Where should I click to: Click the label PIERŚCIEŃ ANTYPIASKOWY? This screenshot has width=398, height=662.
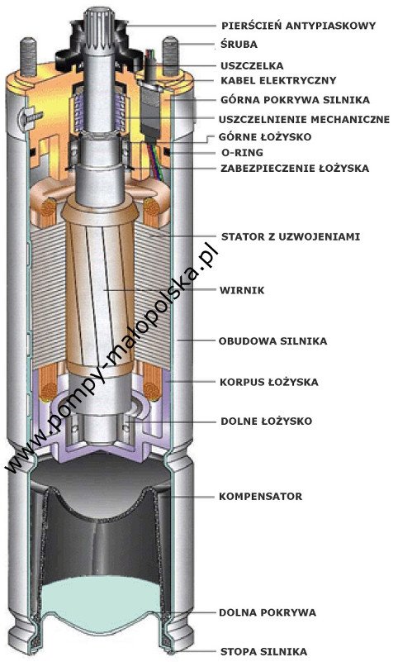tap(299, 26)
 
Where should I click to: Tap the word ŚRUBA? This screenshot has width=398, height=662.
tap(239, 45)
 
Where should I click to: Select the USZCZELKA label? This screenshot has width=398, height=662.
tap(252, 66)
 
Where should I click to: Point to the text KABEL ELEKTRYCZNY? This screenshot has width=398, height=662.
tap(278, 80)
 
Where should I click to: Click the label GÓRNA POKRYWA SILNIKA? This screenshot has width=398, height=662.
tap(295, 100)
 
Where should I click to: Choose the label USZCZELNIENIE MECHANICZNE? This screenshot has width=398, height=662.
tap(304, 120)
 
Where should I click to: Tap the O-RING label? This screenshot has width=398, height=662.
tap(242, 152)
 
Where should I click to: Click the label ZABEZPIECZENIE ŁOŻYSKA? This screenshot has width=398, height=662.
tap(295, 168)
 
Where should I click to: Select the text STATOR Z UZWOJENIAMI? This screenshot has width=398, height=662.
tap(291, 236)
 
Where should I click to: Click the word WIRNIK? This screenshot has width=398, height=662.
tap(242, 290)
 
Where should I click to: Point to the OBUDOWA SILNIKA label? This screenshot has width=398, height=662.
tap(272, 341)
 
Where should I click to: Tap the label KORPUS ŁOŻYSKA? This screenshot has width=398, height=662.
tap(269, 382)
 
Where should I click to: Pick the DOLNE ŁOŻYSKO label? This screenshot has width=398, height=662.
tap(266, 421)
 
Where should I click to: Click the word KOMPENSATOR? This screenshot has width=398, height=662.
tap(261, 496)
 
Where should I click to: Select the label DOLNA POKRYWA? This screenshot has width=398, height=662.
tap(268, 612)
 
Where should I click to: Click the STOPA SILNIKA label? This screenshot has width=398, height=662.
tap(263, 652)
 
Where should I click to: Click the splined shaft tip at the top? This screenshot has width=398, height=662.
tap(99, 26)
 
